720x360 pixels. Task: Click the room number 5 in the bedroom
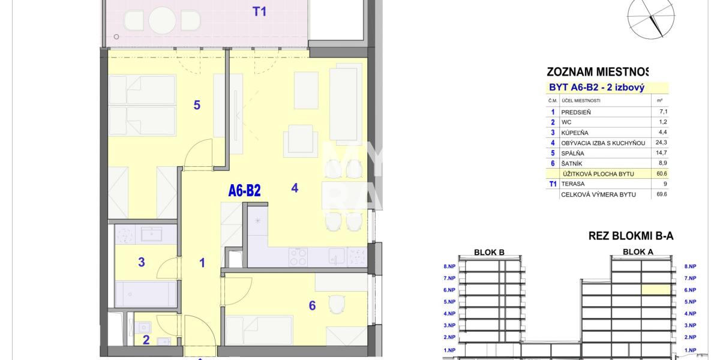tap(197, 105)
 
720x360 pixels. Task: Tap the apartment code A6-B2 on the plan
tap(244, 191)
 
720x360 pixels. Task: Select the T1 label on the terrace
tap(259, 11)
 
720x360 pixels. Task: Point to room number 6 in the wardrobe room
tap(312, 306)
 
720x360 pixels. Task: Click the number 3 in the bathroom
tap(142, 262)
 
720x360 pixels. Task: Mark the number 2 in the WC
tap(146, 340)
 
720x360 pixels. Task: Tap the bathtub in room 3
tap(146, 295)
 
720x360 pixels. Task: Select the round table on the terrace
tap(162, 20)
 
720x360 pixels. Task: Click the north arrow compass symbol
tap(650, 16)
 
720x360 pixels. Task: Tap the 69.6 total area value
tap(662, 194)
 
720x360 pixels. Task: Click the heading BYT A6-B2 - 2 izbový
tap(596, 88)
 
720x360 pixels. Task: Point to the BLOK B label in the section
tap(489, 253)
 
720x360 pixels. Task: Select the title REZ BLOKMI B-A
tap(631, 236)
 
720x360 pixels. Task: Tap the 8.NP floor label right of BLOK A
tap(690, 266)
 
